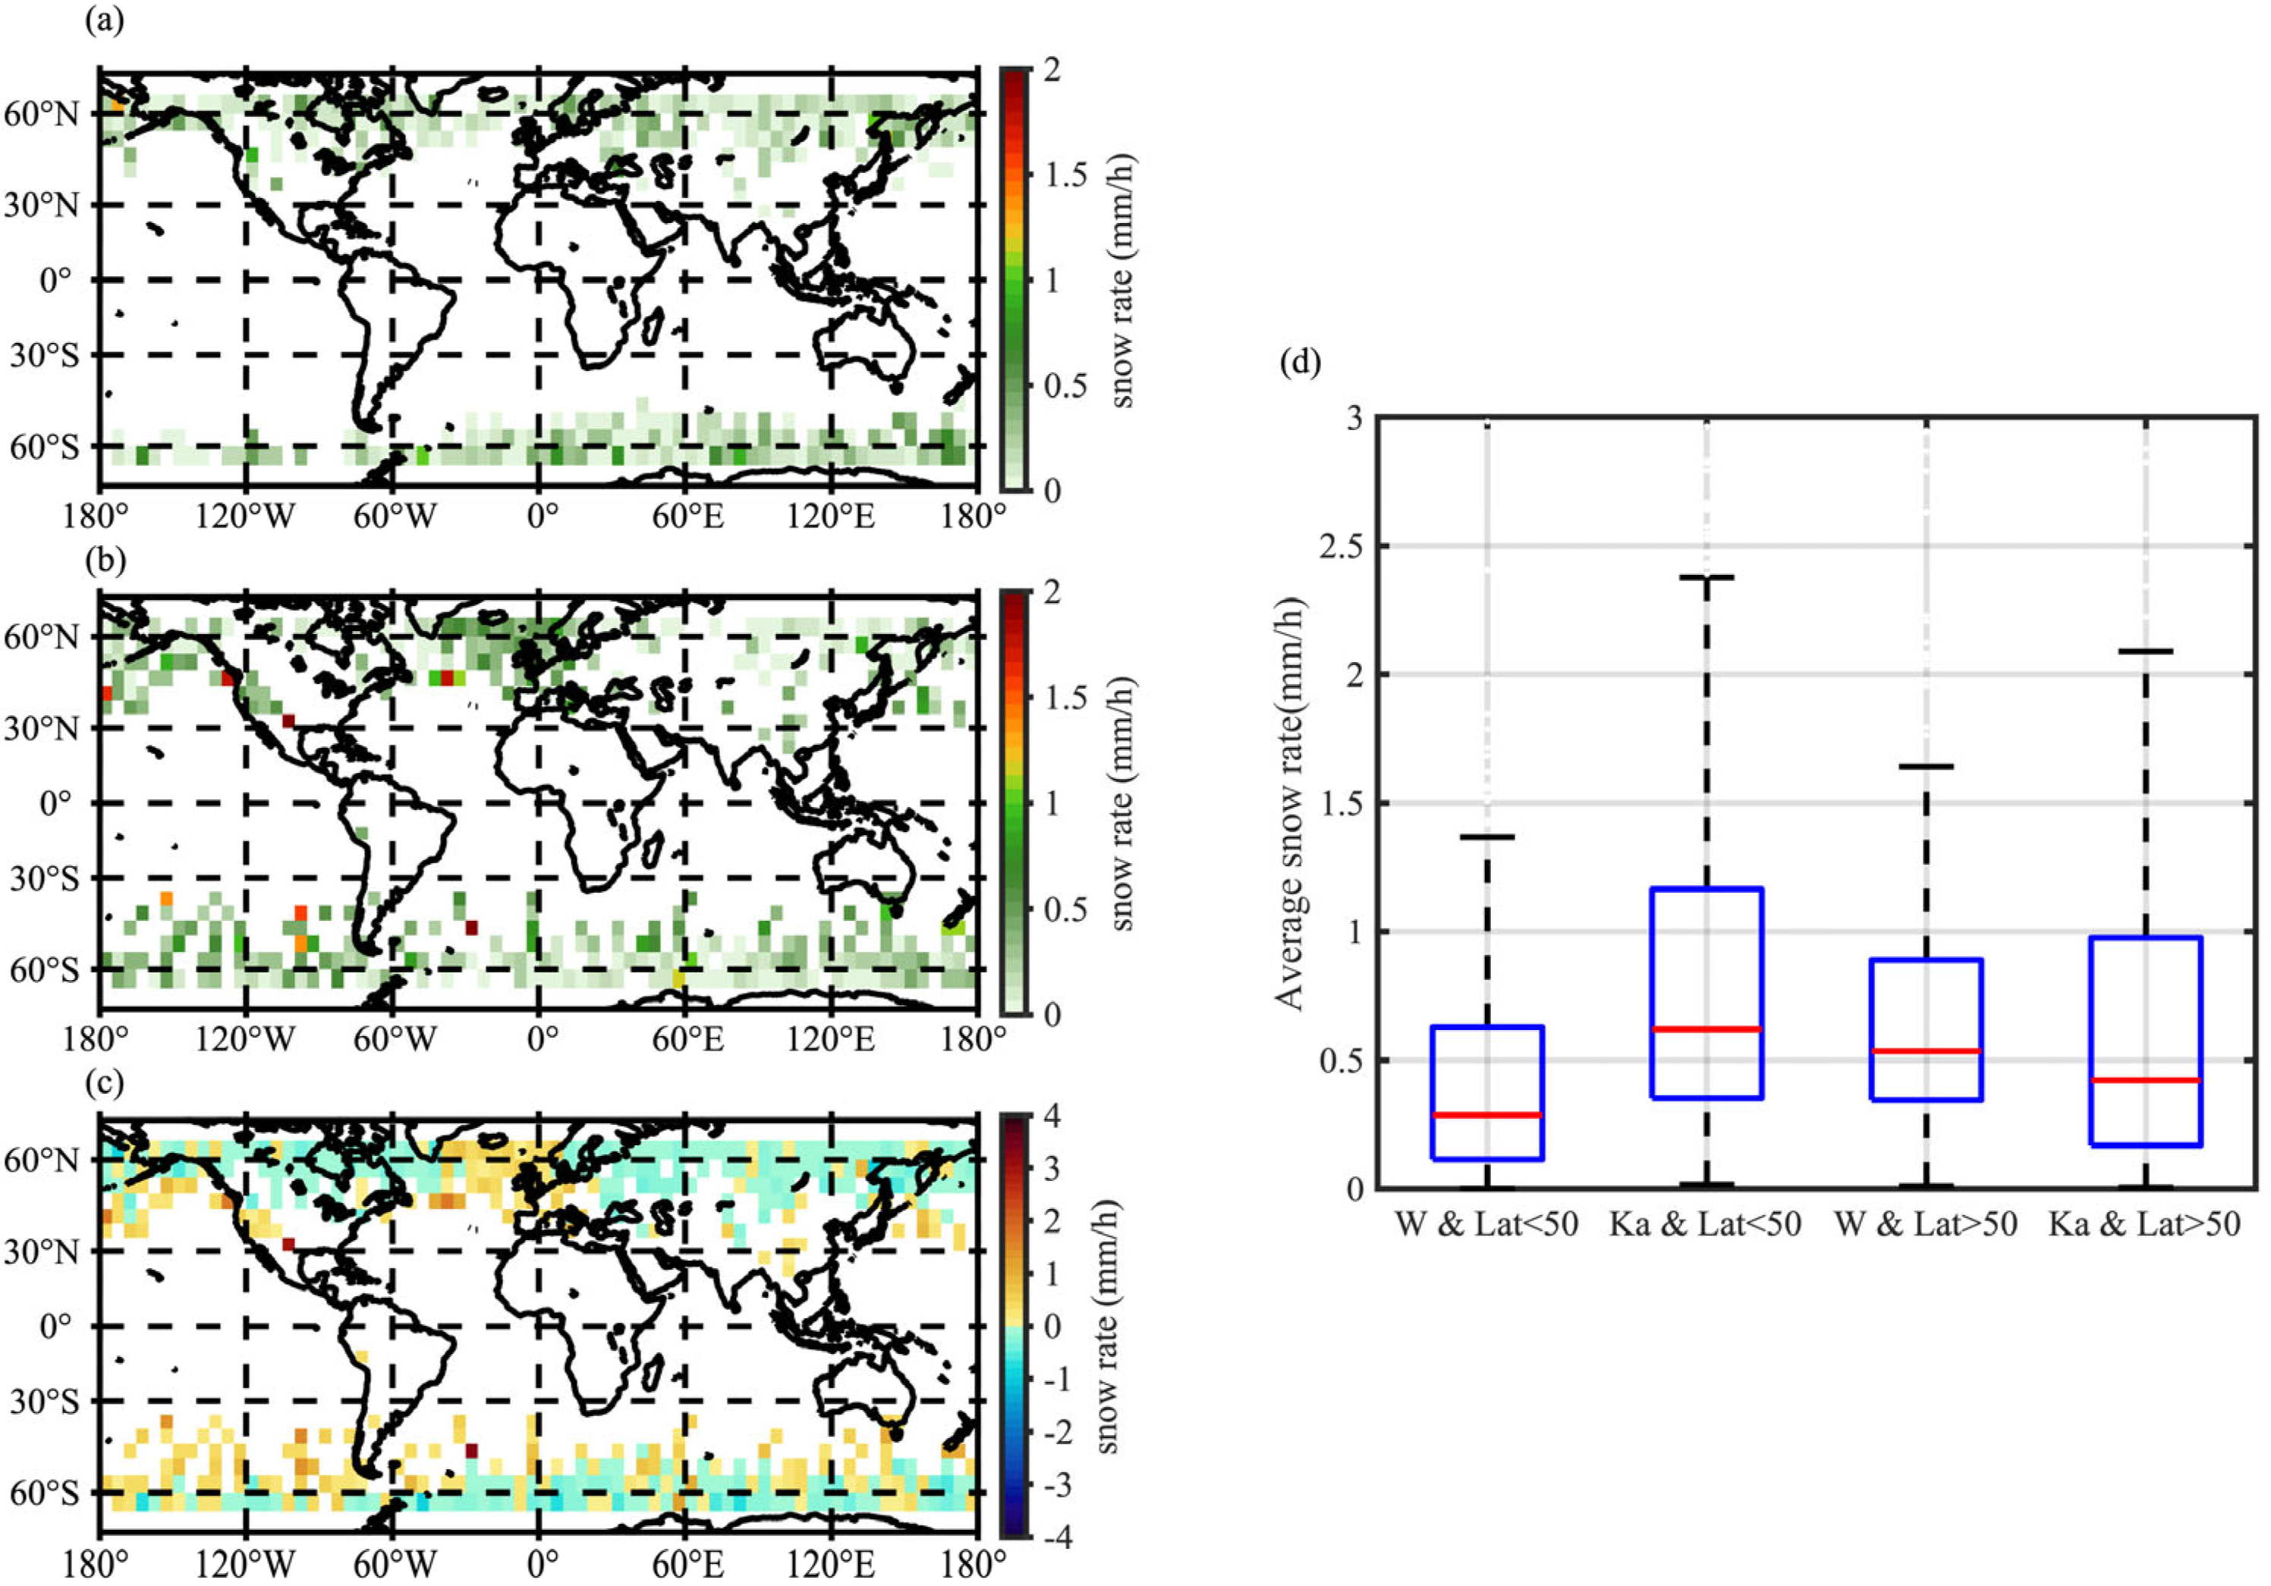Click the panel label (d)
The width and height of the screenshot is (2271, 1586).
pos(1300,363)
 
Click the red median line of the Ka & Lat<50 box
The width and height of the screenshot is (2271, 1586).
pos(1706,1029)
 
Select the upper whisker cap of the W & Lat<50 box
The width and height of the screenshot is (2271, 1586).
pos(1486,837)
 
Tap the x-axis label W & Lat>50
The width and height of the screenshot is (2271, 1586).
pos(1925,1225)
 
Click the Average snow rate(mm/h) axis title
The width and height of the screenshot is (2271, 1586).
pos(1291,803)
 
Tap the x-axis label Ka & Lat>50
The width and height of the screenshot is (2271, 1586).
pos(2144,1225)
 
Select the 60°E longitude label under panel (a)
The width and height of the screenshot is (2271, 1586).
pos(687,516)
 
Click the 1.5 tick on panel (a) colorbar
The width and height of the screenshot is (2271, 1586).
pos(1065,175)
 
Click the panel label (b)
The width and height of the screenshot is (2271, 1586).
pos(105,561)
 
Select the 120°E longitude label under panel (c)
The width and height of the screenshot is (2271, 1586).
pos(831,1564)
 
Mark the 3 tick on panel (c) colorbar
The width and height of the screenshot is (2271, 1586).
pos(1053,1170)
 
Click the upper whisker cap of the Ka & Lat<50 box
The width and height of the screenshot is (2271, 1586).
pos(1706,576)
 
